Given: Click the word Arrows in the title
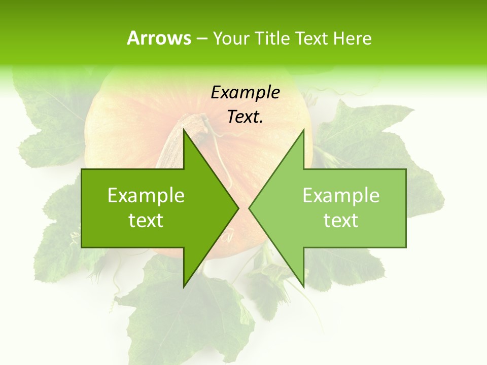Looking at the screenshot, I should click(159, 38).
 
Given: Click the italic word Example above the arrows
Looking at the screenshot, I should click(245, 92).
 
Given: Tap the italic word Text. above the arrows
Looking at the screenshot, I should click(245, 117).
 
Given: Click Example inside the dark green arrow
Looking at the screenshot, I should click(146, 196).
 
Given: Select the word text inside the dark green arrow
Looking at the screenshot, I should click(146, 221).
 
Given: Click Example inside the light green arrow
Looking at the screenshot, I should click(341, 196).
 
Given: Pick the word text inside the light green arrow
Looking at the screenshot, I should click(341, 221).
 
